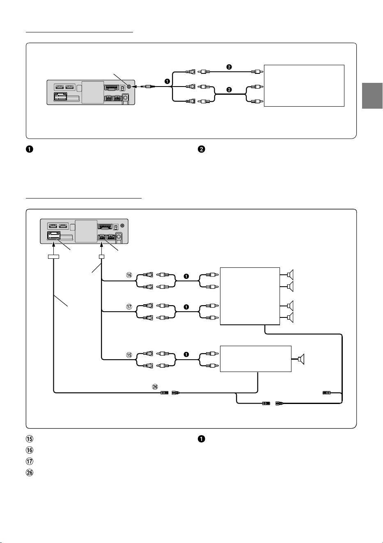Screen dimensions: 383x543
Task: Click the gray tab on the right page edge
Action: coord(372,96)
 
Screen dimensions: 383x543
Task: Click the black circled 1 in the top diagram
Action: coord(167,82)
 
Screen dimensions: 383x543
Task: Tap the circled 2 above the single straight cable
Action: coord(229,67)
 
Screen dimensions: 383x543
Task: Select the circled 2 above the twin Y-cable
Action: coord(229,90)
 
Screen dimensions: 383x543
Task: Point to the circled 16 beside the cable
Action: coord(129,275)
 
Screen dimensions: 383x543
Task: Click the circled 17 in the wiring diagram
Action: coord(129,307)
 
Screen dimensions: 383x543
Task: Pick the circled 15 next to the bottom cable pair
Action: coord(129,355)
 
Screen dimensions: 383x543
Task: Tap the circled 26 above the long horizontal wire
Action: coord(155,387)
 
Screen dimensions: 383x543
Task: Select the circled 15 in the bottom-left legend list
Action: coord(30,439)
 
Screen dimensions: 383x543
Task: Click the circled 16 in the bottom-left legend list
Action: coord(30,450)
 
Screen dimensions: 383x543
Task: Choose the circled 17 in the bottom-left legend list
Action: coord(30,461)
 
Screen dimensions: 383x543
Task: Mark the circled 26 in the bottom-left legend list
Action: coord(30,472)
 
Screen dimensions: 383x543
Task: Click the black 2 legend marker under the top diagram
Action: coord(202,149)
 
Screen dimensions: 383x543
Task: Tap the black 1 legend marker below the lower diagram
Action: coord(201,439)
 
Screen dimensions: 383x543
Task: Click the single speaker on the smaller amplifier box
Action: coord(301,359)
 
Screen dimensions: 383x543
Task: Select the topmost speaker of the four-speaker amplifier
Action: coord(290,275)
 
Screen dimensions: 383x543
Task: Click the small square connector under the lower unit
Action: coord(102,256)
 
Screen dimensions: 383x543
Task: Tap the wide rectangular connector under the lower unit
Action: coord(54,256)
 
